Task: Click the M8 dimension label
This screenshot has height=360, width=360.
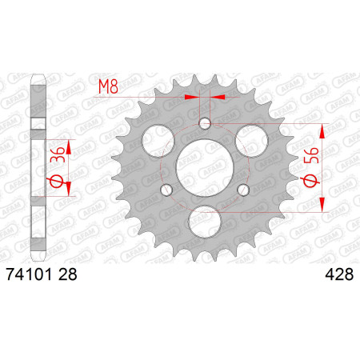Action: click(108, 86)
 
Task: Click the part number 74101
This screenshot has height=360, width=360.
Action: click(29, 274)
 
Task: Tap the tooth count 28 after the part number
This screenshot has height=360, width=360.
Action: click(67, 274)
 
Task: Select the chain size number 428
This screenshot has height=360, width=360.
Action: click(339, 274)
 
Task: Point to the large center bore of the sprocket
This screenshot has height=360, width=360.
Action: click(205, 168)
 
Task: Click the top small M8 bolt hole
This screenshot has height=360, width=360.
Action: click(205, 123)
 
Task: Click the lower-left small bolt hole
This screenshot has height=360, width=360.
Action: click(166, 190)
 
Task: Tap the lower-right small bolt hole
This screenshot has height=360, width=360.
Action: click(243, 190)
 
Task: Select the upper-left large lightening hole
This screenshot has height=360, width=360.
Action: click(158, 140)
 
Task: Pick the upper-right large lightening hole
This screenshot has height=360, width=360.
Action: click(251, 140)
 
